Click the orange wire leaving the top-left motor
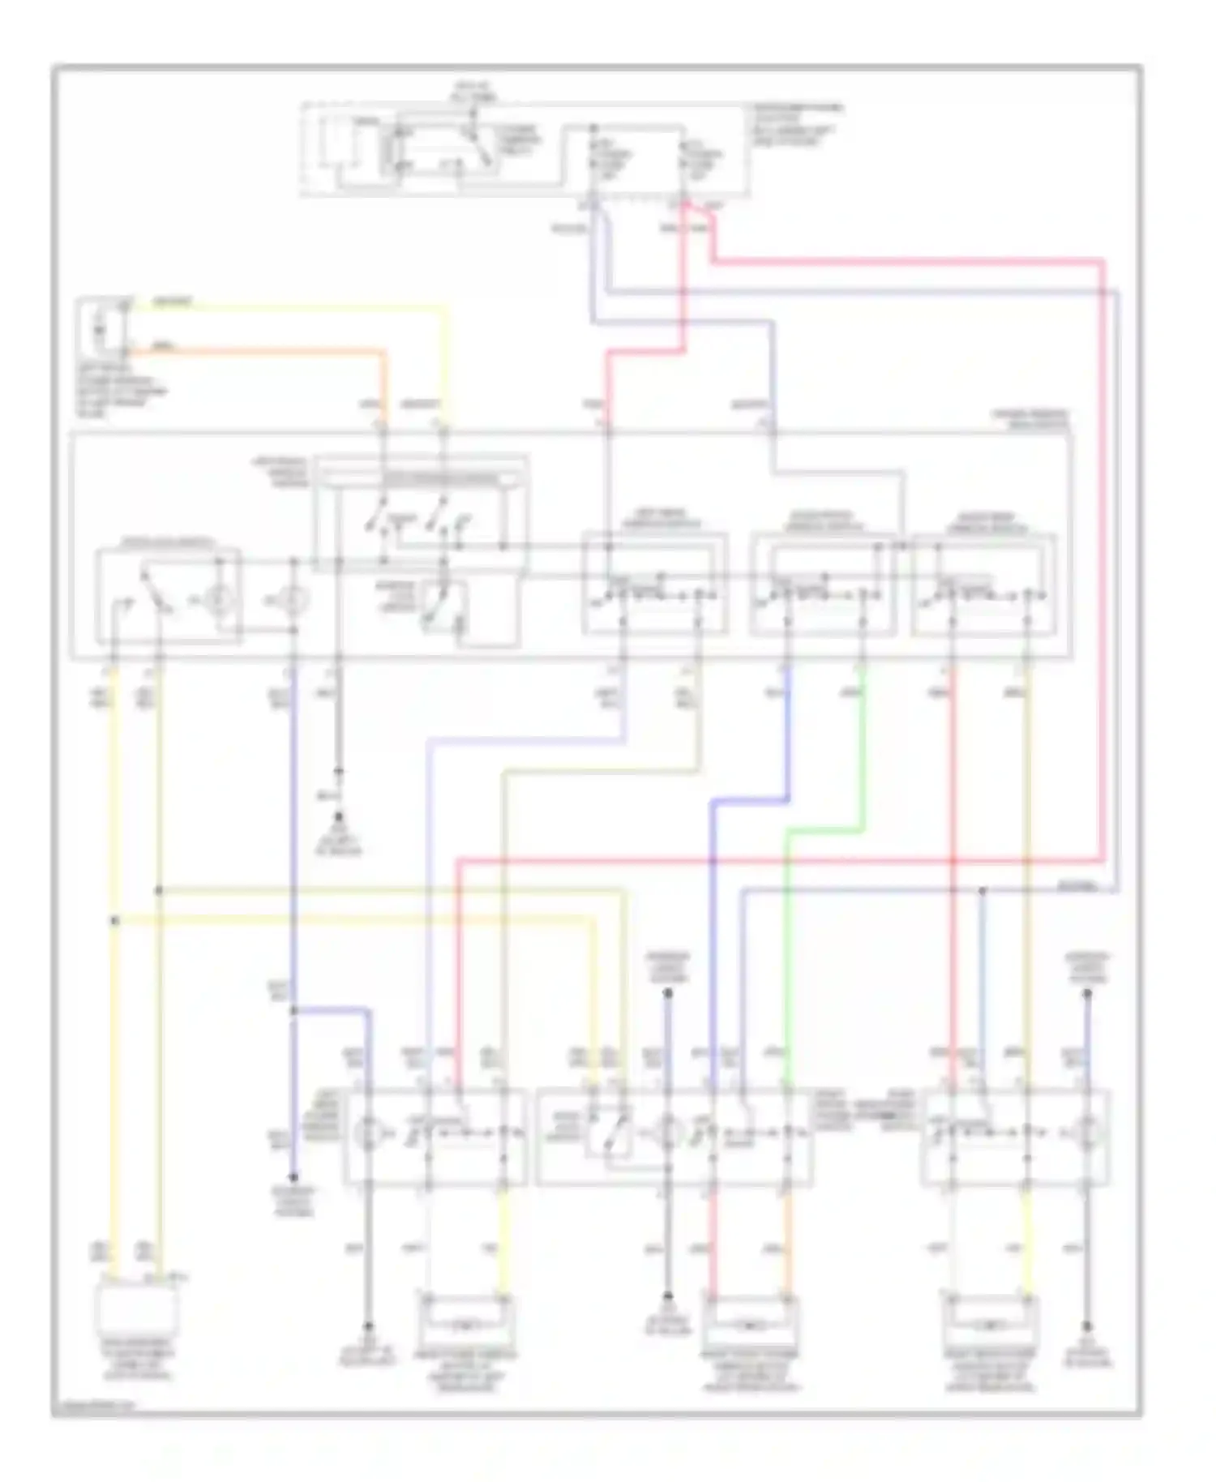click(x=259, y=351)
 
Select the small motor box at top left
click(x=101, y=328)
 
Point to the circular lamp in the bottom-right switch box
click(x=1088, y=1132)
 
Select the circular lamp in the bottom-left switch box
click(x=368, y=1132)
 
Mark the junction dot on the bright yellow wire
click(x=114, y=920)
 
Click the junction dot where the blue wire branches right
click(x=293, y=1011)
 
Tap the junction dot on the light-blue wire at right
click(x=983, y=890)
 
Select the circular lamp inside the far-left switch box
click(x=216, y=601)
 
